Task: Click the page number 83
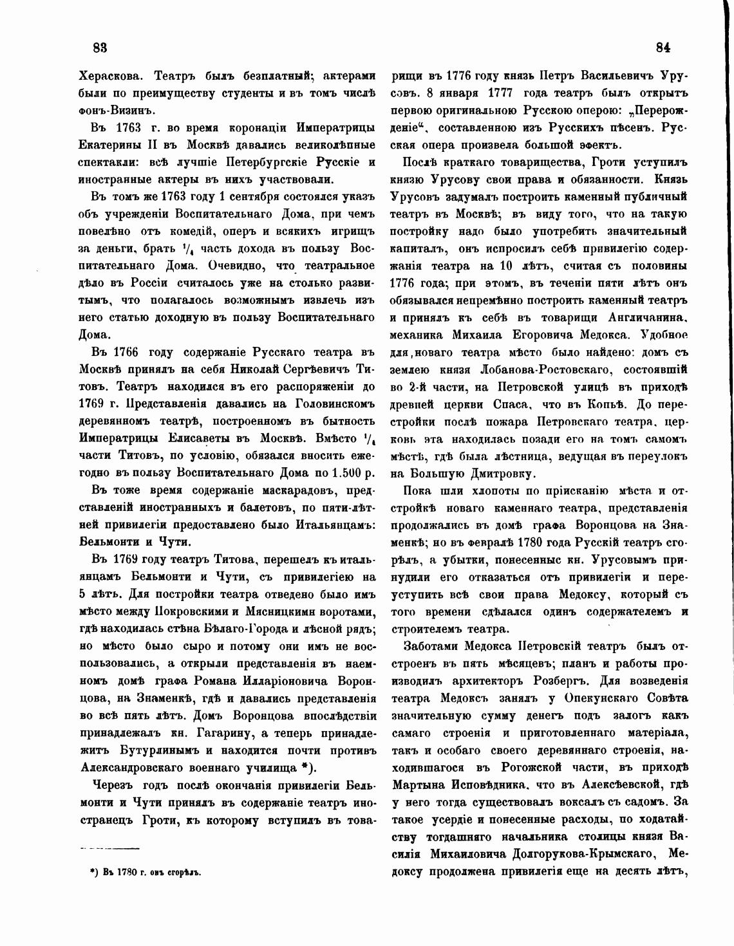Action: [x=100, y=47]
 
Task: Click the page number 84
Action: [x=663, y=47]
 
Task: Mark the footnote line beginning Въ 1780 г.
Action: [x=146, y=873]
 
